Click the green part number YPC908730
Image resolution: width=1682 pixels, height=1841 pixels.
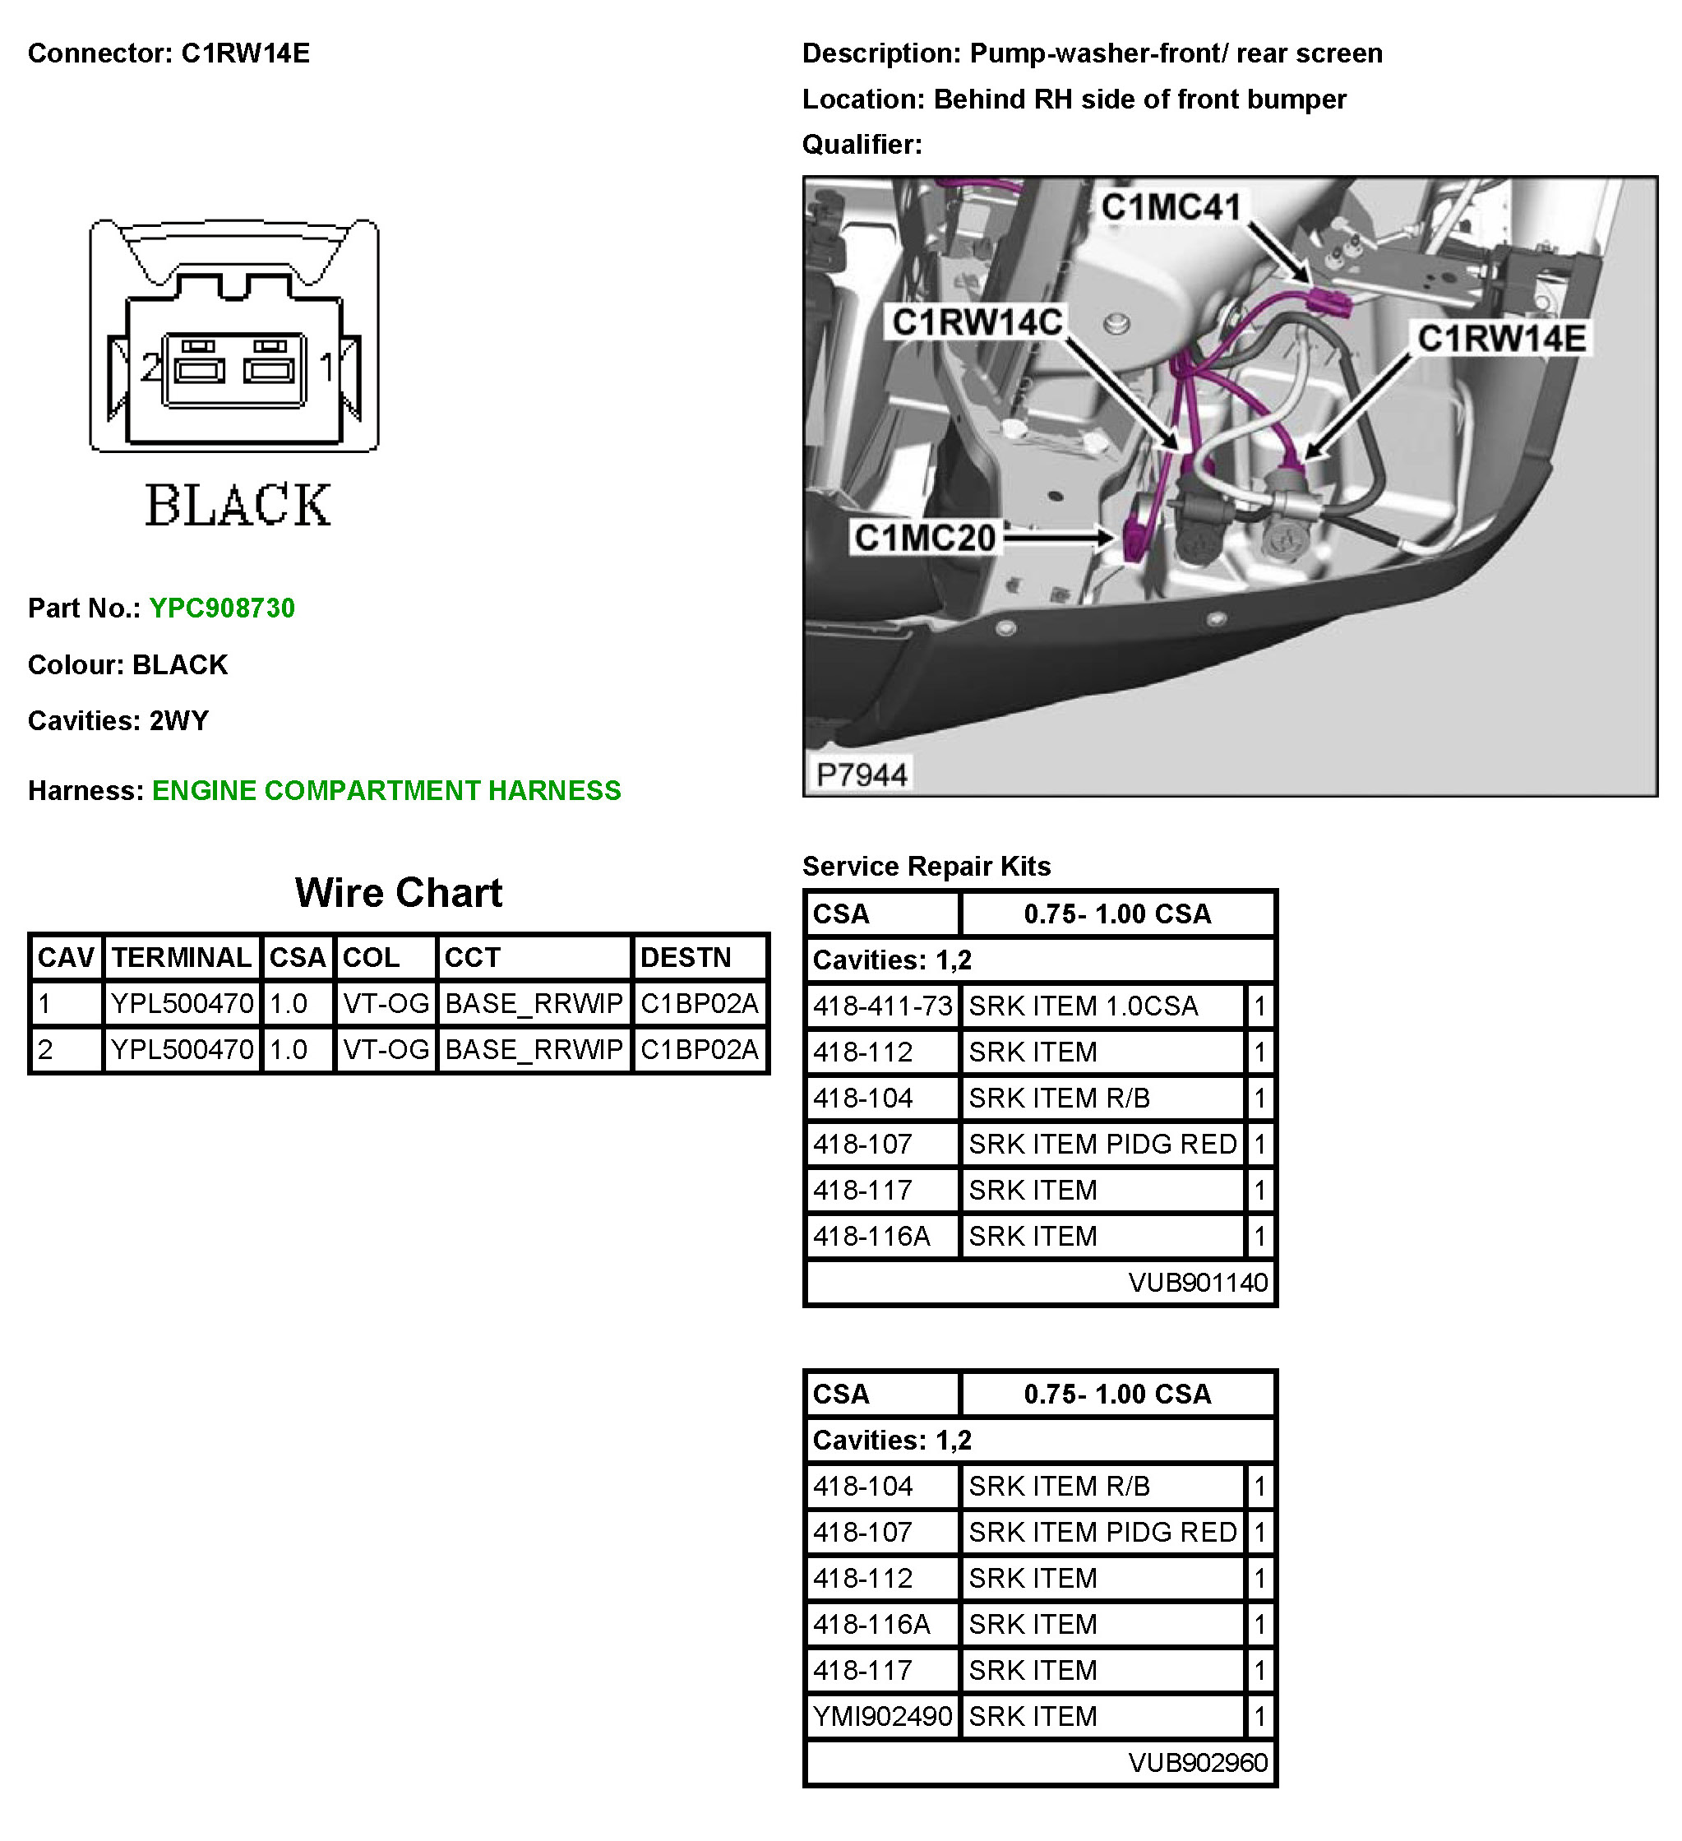click(x=222, y=608)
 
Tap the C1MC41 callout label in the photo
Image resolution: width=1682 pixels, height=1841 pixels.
click(x=1171, y=207)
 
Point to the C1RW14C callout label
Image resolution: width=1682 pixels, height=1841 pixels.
click(x=977, y=322)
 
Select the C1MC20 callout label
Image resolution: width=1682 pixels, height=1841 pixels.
click(x=924, y=538)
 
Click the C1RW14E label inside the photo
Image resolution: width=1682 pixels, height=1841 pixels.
click(x=1501, y=339)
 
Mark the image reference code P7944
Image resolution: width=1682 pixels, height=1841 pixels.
click(x=861, y=775)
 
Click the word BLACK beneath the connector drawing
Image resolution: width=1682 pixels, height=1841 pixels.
click(x=238, y=505)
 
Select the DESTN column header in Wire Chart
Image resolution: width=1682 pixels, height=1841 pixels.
click(x=686, y=957)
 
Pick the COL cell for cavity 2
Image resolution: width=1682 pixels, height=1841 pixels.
click(x=386, y=1049)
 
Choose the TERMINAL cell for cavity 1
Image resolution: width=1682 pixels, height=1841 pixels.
click(x=182, y=1004)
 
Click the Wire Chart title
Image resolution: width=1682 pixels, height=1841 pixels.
click(x=398, y=892)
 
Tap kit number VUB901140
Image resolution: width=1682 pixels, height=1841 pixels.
click(x=1197, y=1282)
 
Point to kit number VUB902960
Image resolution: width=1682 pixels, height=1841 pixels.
click(x=1197, y=1761)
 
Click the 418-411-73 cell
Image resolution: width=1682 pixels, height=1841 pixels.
click(x=882, y=1006)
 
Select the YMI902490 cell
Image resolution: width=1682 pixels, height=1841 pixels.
click(x=882, y=1716)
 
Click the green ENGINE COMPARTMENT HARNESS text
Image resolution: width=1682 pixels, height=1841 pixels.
click(x=386, y=790)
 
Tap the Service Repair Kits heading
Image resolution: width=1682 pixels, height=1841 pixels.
click(x=926, y=866)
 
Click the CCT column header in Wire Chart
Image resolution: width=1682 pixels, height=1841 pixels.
click(x=472, y=957)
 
